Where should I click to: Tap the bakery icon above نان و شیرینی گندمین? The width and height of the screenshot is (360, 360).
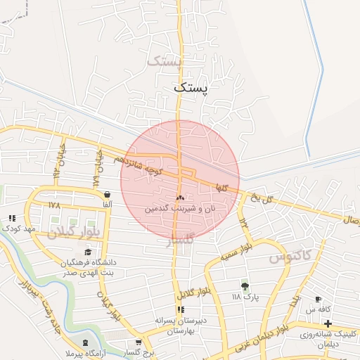point(180,198)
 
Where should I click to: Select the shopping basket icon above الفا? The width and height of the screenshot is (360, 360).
point(106,195)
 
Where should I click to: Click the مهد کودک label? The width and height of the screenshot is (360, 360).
point(19,229)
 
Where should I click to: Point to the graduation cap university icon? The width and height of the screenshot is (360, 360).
point(88,252)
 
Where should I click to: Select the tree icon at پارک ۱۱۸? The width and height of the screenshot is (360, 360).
point(245,285)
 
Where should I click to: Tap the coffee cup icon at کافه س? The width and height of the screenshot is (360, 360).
point(319,299)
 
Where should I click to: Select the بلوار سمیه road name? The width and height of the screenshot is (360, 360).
point(256,249)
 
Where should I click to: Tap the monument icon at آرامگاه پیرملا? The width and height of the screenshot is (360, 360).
point(86,342)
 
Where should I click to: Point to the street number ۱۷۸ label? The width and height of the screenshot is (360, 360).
point(55,205)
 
